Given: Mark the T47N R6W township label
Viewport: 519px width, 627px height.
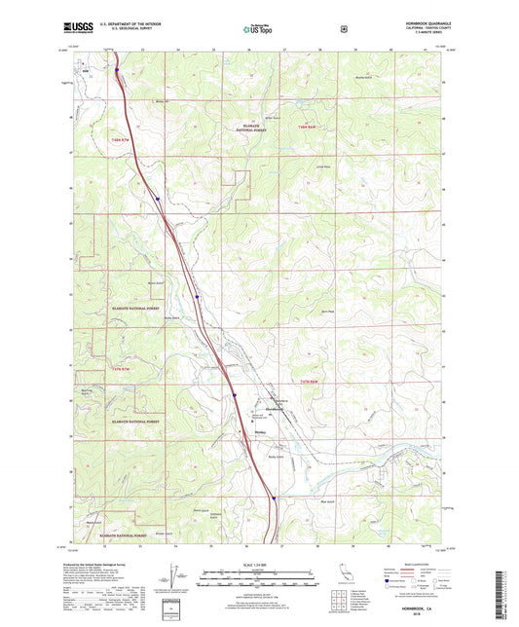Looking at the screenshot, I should [x=309, y=382].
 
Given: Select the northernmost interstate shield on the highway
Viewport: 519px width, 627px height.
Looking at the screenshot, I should [x=117, y=69].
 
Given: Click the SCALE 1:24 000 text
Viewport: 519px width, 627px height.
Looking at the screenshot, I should [x=258, y=564].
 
